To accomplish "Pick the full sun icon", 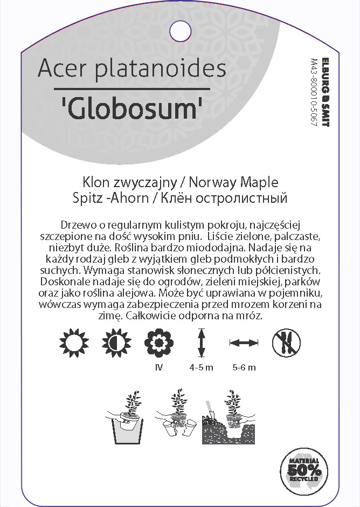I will (x=71, y=342).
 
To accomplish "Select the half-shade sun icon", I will (x=114, y=342).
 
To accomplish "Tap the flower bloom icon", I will (x=158, y=342).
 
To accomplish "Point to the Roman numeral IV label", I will (x=158, y=368).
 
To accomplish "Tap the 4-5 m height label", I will (x=202, y=368).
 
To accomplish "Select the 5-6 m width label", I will (x=244, y=368).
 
